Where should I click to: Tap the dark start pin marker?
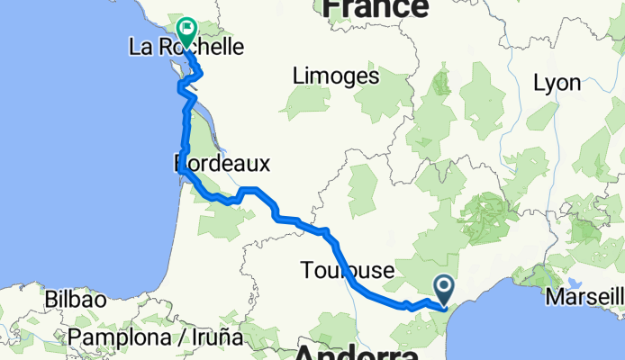445,289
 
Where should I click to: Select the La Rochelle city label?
187,48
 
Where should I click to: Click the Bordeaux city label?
222,164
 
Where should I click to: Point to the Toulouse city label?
348,270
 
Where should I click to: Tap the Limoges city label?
336,76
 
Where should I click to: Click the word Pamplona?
121,337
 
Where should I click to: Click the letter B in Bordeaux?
179,164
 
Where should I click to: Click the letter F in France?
332,8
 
